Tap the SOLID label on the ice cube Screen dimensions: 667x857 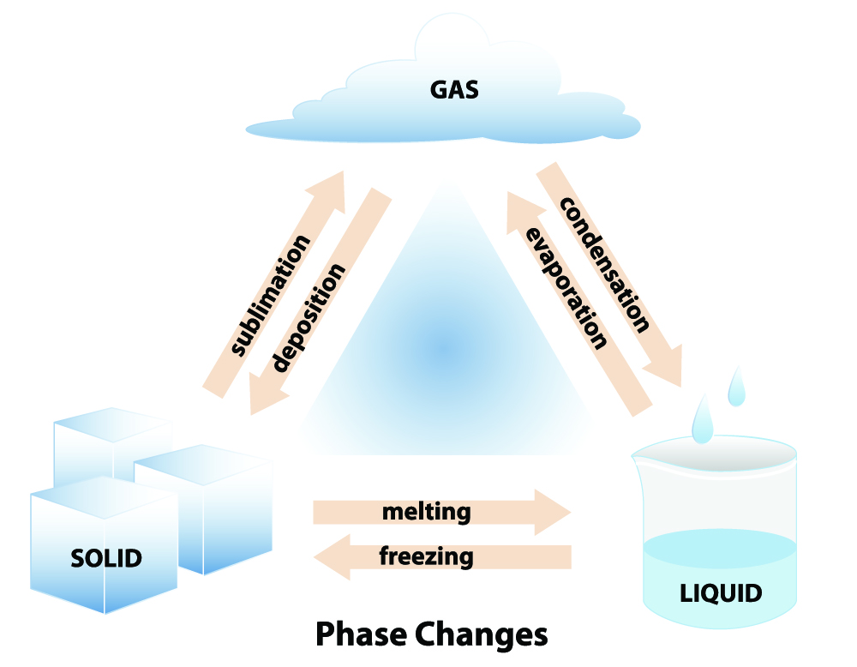(x=105, y=558)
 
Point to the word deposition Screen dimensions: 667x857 (x=309, y=316)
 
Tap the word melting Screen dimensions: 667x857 (x=426, y=512)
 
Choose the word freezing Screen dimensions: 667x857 (x=426, y=556)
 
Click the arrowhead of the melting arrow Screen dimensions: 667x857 (x=553, y=513)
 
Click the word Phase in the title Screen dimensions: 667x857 (x=360, y=635)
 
